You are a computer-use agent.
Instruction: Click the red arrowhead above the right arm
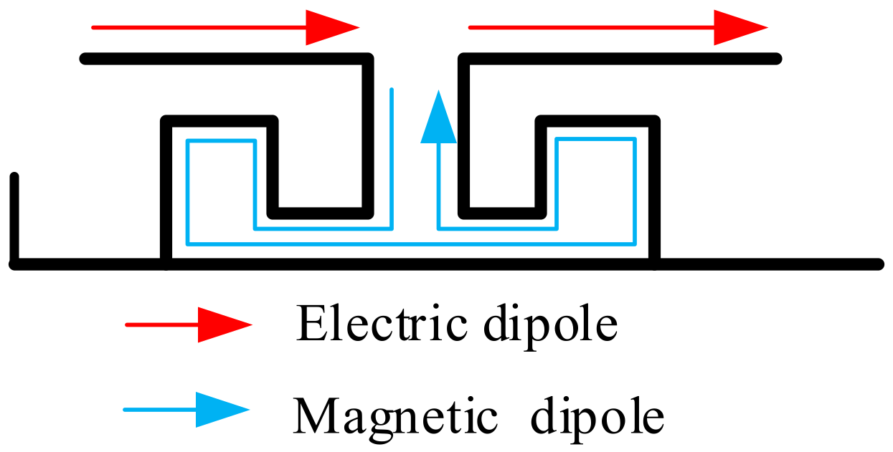tap(739, 28)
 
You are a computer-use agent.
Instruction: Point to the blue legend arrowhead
tap(221, 410)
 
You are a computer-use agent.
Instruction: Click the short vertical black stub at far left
tap(14, 215)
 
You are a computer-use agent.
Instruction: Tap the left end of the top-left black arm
tap(85, 59)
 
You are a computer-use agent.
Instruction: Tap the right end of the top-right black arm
tap(776, 59)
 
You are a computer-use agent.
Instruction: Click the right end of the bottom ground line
tap(879, 264)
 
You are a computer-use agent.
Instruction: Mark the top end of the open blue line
tap(392, 90)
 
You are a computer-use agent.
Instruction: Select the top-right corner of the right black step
tap(654, 120)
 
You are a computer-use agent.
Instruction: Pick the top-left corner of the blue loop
tap(188, 140)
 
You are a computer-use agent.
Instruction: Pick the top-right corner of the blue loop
tap(634, 139)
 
